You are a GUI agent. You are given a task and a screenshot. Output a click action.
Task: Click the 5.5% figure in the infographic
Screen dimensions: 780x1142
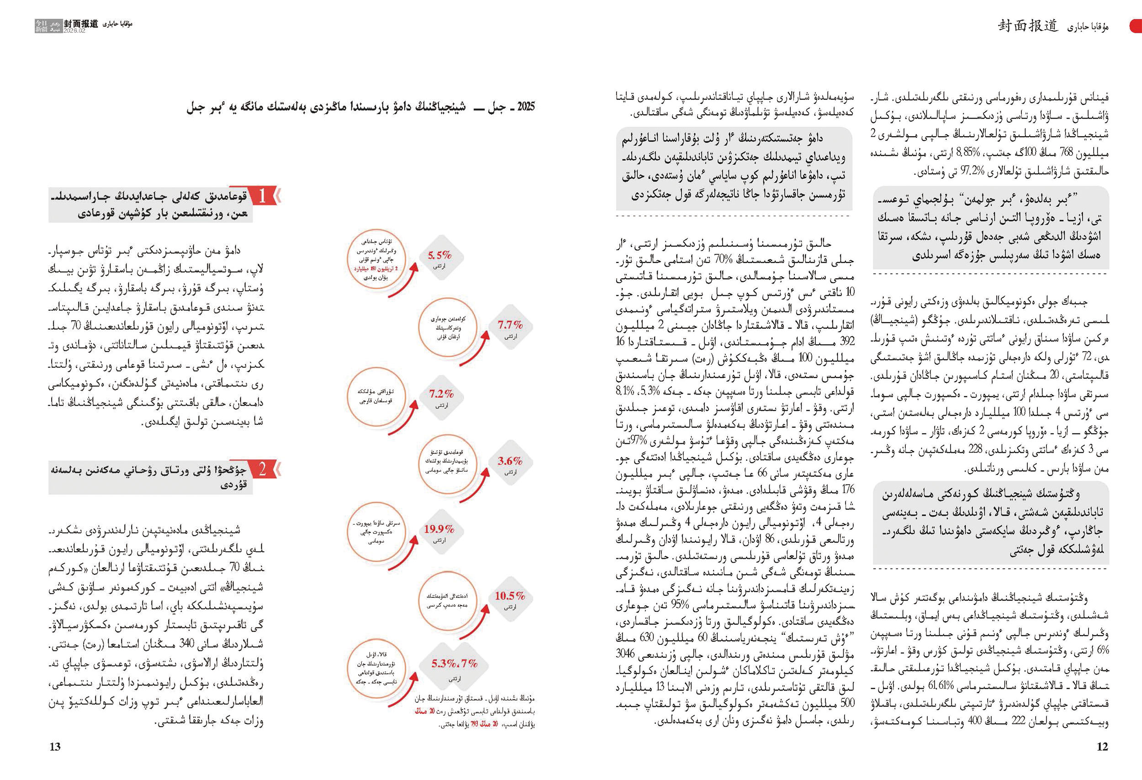[x=439, y=255]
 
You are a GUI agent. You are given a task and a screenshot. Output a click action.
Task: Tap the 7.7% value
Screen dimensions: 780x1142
[x=510, y=325]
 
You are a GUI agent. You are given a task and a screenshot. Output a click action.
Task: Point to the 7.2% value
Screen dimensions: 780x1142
[x=441, y=394]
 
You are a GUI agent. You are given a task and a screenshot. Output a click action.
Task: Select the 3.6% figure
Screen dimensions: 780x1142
[x=510, y=461]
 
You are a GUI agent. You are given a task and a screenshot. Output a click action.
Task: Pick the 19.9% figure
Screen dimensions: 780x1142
[x=439, y=528]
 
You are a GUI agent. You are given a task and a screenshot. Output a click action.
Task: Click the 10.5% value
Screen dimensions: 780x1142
[x=510, y=596]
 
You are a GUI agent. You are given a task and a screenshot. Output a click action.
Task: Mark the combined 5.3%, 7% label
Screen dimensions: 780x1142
[x=455, y=664]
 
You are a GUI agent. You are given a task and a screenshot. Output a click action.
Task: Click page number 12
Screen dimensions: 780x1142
[x=1102, y=747]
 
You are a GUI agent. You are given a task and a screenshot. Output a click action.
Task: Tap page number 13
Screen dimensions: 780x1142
[x=55, y=747]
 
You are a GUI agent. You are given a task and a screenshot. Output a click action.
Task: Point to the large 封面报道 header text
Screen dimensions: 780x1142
[x=1027, y=26]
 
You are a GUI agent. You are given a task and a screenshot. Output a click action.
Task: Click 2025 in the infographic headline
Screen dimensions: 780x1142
[x=525, y=106]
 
